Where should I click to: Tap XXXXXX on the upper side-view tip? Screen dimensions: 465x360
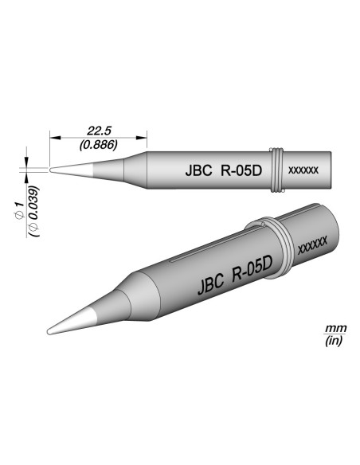click(x=303, y=170)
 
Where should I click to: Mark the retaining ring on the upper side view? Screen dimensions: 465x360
click(x=276, y=170)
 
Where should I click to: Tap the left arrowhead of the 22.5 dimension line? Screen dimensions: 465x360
click(x=53, y=135)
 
